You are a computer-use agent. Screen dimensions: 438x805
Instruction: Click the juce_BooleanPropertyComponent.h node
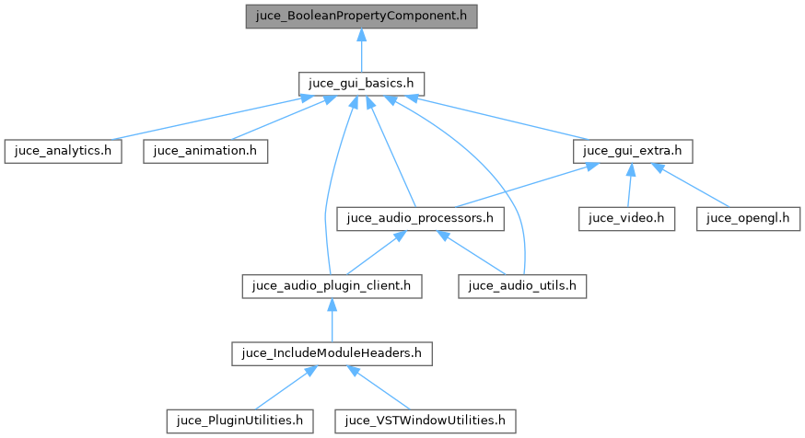pos(361,17)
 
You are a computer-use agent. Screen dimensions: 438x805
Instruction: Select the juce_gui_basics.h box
pos(361,83)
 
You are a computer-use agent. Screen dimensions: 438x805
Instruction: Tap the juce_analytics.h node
pos(63,151)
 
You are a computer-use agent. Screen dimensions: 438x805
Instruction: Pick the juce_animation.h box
pos(205,151)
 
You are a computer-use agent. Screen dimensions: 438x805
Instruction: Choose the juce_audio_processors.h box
pos(421,219)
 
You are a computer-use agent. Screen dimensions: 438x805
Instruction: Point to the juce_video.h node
pos(627,219)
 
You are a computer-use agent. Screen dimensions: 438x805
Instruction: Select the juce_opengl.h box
pos(749,219)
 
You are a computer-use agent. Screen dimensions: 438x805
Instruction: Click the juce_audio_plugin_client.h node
pos(332,286)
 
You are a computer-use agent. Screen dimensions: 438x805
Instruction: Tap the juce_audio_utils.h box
pos(522,286)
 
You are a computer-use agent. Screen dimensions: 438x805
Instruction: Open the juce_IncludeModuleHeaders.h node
pos(332,353)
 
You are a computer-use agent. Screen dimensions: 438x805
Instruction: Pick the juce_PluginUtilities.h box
pos(239,421)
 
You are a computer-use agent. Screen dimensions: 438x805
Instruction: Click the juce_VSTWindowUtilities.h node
pos(425,421)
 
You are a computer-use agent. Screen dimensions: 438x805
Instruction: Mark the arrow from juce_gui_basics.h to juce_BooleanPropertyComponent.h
pos(361,50)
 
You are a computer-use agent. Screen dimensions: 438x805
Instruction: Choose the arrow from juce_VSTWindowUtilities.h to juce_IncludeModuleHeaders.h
pos(379,387)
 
